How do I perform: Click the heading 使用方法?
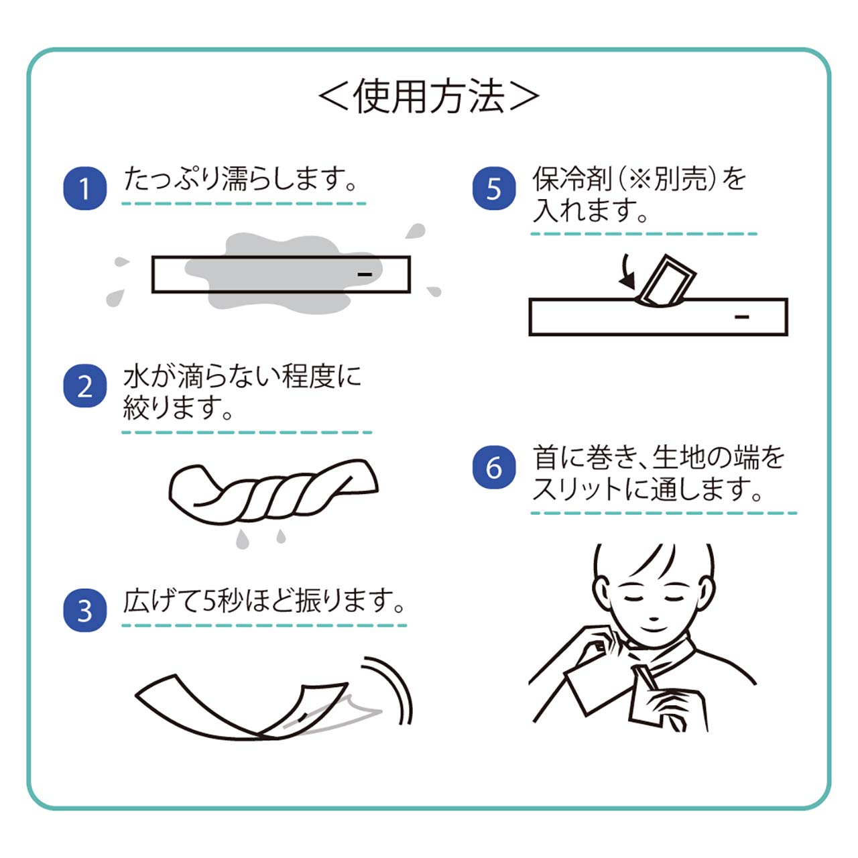coord(429,97)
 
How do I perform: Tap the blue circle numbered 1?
coord(84,188)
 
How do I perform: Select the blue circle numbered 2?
coord(84,386)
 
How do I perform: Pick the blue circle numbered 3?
coord(84,611)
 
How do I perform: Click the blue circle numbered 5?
coord(494,188)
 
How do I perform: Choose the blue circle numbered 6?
coord(494,467)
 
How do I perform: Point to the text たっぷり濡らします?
coord(235,179)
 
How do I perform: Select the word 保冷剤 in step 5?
coord(572,179)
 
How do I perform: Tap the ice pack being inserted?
coord(666,282)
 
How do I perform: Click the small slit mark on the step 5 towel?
coord(742,317)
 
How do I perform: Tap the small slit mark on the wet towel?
coord(365,274)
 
